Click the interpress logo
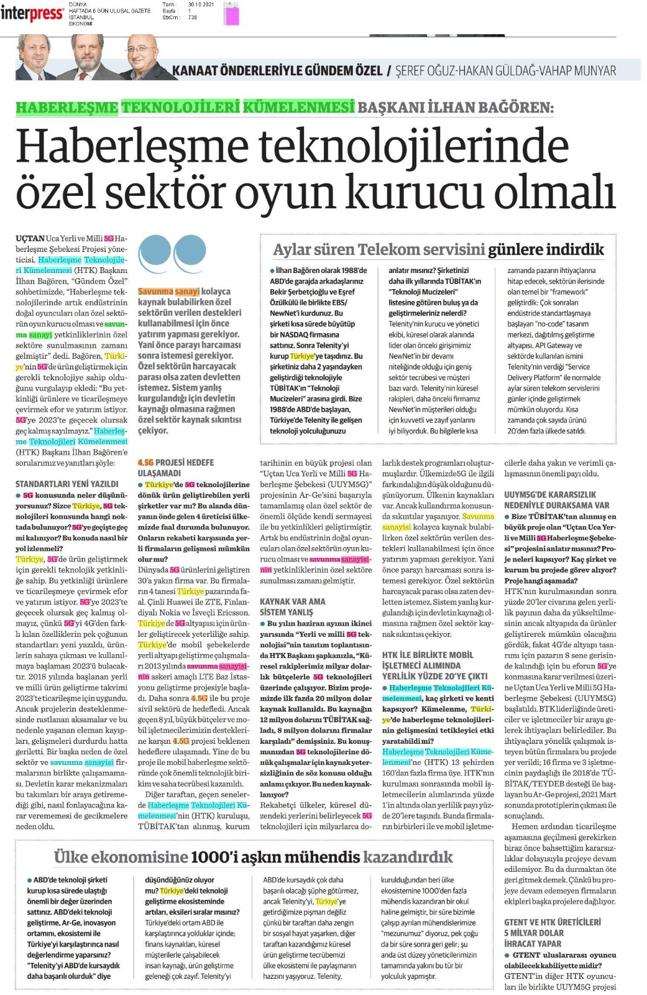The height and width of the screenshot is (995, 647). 32,14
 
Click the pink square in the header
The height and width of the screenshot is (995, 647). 232,14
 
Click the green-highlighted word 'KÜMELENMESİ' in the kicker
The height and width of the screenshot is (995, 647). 298,107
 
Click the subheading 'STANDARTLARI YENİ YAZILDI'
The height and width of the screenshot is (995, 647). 67,484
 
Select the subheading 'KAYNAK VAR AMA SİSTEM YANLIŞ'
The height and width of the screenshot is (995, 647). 292,607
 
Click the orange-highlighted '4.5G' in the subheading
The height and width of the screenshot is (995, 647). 145,463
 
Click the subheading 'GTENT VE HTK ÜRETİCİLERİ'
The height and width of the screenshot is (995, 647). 553,922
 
